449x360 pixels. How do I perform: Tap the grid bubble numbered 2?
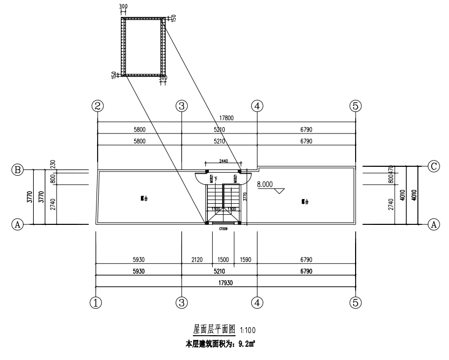click(97, 106)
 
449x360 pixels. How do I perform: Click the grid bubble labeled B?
click(18, 170)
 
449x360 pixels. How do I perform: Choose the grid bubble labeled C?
click(434, 166)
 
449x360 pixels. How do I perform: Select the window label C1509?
click(223, 229)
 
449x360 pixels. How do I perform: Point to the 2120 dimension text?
click(196, 260)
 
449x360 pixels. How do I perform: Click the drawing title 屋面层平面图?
click(211, 329)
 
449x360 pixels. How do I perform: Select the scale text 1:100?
click(247, 330)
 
